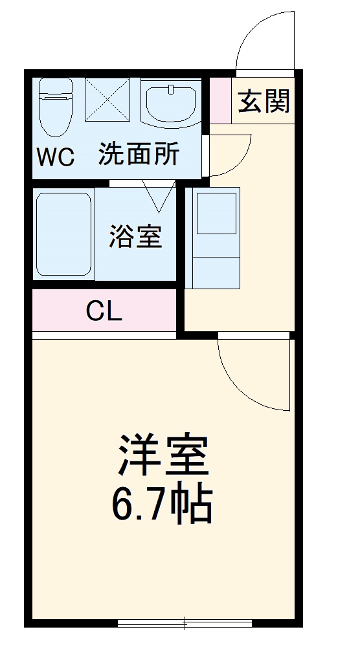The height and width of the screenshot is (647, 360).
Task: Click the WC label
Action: [x=55, y=157]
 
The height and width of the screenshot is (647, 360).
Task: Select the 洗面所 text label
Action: [x=139, y=155]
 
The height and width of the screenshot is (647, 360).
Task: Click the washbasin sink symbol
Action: [x=170, y=103]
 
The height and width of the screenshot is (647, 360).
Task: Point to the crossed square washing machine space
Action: [x=107, y=100]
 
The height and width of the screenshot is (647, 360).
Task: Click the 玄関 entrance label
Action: [x=264, y=101]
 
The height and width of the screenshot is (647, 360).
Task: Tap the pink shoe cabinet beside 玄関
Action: [x=220, y=100]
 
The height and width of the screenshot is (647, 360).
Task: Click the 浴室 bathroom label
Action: [x=135, y=237]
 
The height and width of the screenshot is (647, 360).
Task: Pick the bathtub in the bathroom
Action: [x=63, y=234]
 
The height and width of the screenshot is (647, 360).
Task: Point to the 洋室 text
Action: [x=163, y=455]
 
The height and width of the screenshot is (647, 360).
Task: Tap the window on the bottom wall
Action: [x=185, y=623]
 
